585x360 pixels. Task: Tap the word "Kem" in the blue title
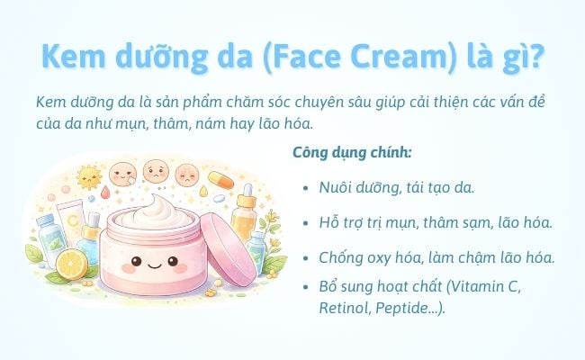(x=72, y=57)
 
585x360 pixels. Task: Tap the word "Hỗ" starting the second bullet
(x=329, y=221)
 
